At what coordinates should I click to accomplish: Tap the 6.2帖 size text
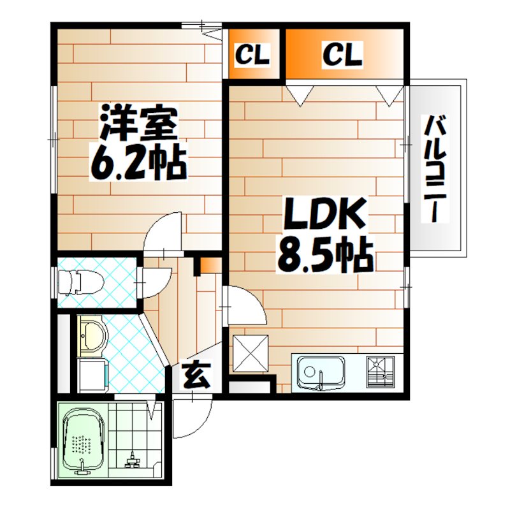(x=138, y=164)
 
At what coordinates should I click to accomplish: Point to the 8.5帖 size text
(x=323, y=256)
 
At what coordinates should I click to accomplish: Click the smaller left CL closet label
(x=253, y=55)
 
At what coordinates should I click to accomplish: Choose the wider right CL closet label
(x=342, y=54)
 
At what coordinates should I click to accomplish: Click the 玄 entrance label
(x=197, y=375)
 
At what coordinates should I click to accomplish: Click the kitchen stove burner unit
(x=381, y=372)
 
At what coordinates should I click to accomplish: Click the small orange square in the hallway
(x=208, y=265)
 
